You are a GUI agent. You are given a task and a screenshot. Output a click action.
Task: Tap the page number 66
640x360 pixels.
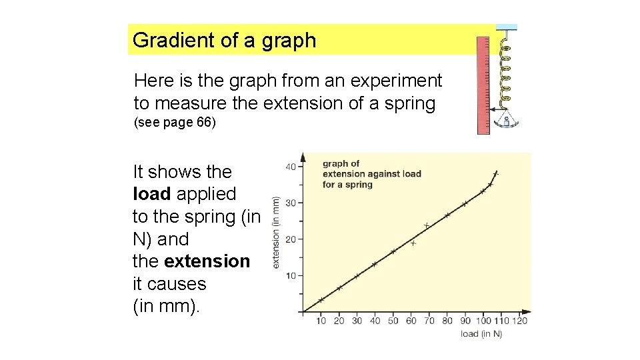coord(202,123)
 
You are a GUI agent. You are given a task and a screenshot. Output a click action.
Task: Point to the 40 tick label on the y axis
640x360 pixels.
coord(291,167)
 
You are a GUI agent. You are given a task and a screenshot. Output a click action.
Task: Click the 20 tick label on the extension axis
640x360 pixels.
coord(291,239)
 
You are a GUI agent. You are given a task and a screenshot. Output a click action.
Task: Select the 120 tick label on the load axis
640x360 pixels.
coord(521,321)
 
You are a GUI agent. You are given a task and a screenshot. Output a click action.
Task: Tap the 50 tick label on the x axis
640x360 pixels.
coord(393,321)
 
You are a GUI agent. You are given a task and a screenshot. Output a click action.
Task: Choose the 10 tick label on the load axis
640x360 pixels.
coord(321,321)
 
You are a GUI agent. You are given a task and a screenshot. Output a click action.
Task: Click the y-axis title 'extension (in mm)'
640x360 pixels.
coord(276,231)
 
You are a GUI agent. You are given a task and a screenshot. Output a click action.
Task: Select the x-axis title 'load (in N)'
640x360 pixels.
coord(481,333)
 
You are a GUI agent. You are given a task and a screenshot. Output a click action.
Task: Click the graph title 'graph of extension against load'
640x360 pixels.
coord(371,173)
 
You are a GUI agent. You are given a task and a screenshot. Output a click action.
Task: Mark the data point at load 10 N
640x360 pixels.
coord(321,300)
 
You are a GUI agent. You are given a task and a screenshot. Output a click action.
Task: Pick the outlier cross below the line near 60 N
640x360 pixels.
coord(413,243)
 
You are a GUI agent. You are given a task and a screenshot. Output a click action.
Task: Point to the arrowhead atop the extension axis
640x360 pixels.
coord(303,157)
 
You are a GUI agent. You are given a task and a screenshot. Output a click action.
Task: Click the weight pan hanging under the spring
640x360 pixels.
coord(507,121)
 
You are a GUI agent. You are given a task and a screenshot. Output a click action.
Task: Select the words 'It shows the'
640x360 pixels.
coord(182,172)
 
